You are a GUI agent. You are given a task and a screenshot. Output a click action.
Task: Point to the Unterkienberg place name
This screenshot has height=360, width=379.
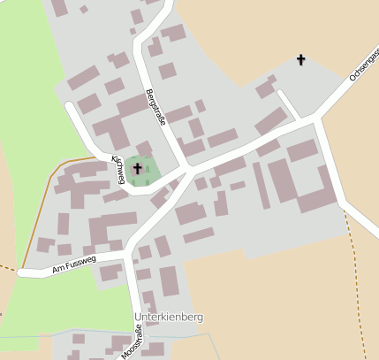pos(169,317)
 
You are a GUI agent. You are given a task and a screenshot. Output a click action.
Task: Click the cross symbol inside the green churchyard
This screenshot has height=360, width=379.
pos(137,167)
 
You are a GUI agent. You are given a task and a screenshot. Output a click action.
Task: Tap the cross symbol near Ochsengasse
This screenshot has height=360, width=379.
pos(300,60)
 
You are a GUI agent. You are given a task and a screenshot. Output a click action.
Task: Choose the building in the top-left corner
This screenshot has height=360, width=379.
pos(59,8)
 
